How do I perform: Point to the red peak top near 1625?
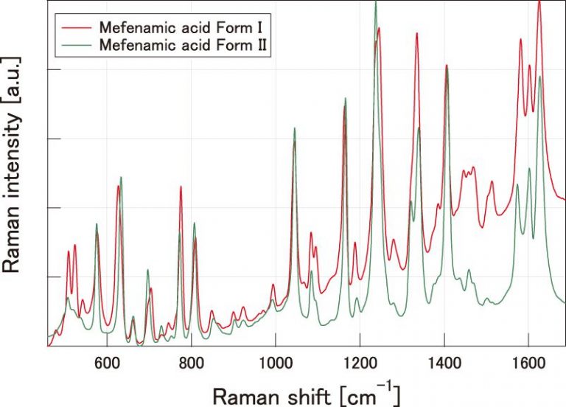point(539,2)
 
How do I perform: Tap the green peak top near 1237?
point(376,2)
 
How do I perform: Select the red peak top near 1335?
point(417,33)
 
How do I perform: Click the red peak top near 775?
point(181,187)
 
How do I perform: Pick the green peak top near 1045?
point(295,128)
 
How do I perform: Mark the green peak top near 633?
point(121,177)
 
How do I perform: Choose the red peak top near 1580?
point(521,39)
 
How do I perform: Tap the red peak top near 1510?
point(492,181)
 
